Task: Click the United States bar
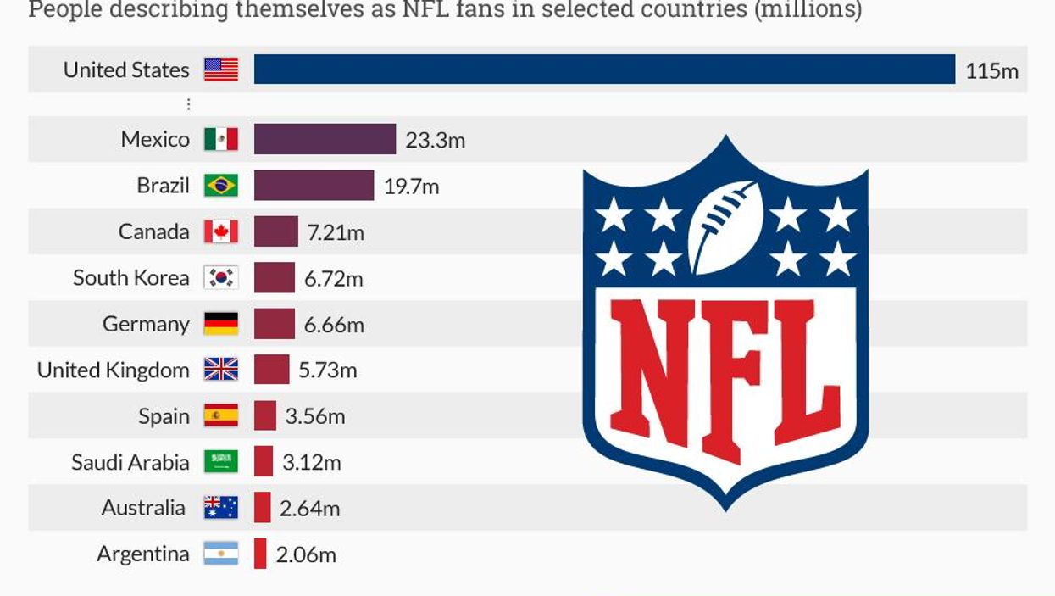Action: pyautogui.click(x=604, y=70)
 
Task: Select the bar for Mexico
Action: pyautogui.click(x=325, y=139)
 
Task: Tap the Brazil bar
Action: pyautogui.click(x=314, y=186)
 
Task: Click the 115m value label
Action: pyautogui.click(x=991, y=70)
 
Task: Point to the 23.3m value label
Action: pyautogui.click(x=435, y=140)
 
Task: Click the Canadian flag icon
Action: pyautogui.click(x=221, y=231)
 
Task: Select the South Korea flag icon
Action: pyautogui.click(x=221, y=277)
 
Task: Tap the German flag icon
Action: pyautogui.click(x=221, y=324)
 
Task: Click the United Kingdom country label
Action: pyautogui.click(x=114, y=370)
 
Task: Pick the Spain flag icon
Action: pyautogui.click(x=221, y=416)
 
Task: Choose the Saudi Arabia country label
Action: pyautogui.click(x=130, y=462)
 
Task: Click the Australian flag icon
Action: pyautogui.click(x=221, y=508)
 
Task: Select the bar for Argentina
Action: pyautogui.click(x=260, y=554)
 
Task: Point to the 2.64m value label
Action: pyautogui.click(x=309, y=509)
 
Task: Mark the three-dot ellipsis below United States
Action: pyautogui.click(x=188, y=104)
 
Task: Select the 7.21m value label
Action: pyautogui.click(x=336, y=232)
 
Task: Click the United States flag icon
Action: pyautogui.click(x=221, y=70)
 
